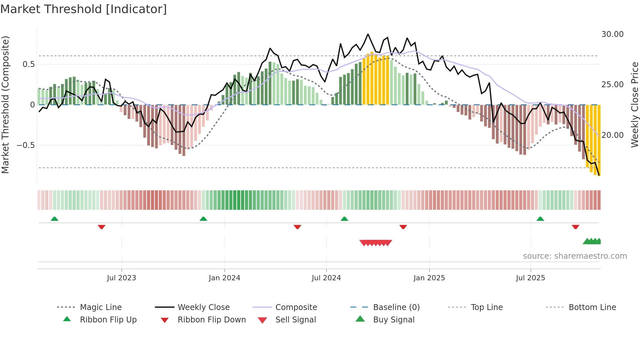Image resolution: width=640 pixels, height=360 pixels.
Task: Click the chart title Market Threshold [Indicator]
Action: [x=84, y=9]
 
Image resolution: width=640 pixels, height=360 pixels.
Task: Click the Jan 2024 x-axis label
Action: [x=224, y=278]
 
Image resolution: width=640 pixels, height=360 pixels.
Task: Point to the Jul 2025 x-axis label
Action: [x=530, y=278]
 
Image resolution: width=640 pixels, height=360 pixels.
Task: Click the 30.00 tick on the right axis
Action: [x=612, y=34]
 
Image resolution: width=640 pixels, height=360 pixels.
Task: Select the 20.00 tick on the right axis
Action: [x=612, y=135]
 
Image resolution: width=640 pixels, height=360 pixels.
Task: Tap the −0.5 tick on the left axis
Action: [x=25, y=145]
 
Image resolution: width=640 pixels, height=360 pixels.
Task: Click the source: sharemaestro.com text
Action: [x=575, y=256]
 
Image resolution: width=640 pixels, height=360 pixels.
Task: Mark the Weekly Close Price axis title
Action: [x=634, y=105]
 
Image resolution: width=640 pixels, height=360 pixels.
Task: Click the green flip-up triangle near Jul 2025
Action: [x=540, y=219]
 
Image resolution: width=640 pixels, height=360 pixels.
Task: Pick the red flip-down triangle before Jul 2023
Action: [x=102, y=227]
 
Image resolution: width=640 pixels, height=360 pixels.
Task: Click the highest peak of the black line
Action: [x=368, y=34]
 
